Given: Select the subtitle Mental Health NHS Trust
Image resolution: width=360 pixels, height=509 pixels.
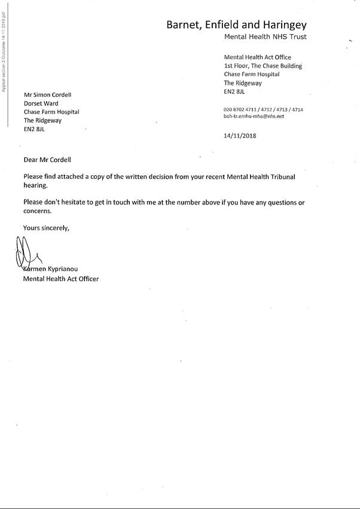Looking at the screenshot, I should (265, 37).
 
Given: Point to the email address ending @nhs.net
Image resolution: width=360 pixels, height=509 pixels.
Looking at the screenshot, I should (254, 116).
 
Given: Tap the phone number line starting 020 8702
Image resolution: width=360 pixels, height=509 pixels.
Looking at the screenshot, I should (263, 109).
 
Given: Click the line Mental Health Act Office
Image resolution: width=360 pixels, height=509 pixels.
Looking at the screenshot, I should (257, 57).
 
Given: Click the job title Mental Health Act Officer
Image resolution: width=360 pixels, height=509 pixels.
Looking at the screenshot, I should (60, 279).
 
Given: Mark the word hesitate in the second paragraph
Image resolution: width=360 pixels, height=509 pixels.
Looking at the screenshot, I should (83, 203).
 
